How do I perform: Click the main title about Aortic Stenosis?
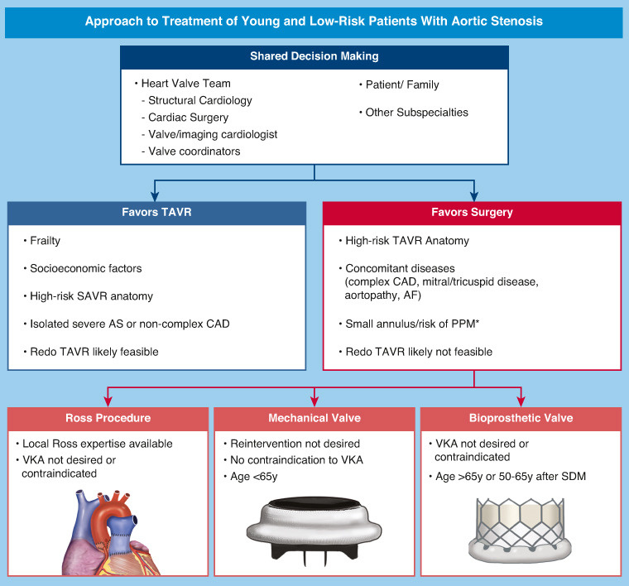pyautogui.click(x=314, y=21)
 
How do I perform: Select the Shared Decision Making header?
pyautogui.click(x=314, y=55)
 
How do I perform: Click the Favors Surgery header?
pyautogui.click(x=473, y=212)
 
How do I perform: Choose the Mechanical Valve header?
pyautogui.click(x=314, y=417)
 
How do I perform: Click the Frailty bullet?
pyautogui.click(x=46, y=240)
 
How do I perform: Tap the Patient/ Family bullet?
pyautogui.click(x=402, y=84)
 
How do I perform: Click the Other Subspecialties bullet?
pyautogui.click(x=416, y=113)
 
